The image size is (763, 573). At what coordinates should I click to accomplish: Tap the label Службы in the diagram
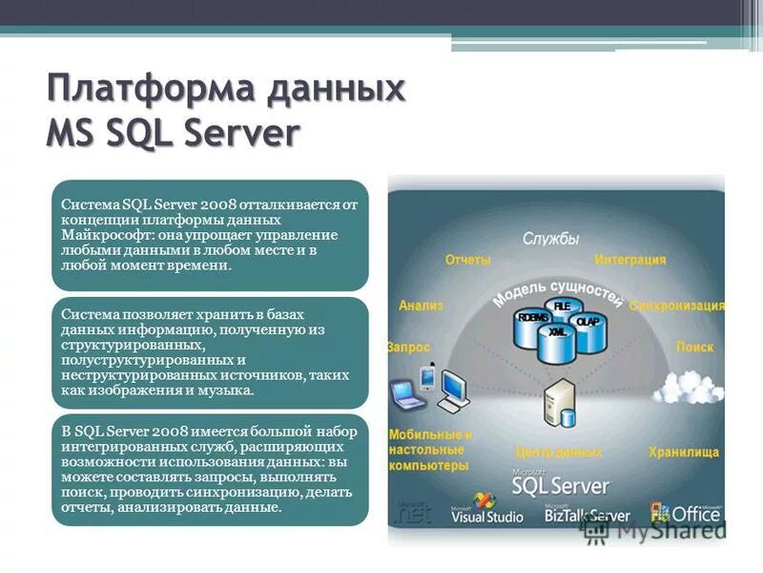tap(550, 240)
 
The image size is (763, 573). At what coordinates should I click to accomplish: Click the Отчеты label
tap(468, 260)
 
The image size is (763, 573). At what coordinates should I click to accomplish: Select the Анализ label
tap(421, 307)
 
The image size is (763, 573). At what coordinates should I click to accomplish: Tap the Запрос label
tap(409, 348)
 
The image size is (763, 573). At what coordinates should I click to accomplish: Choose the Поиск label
tap(694, 348)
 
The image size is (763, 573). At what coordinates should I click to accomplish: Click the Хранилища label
tap(684, 452)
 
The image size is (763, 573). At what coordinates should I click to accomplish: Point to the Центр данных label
tap(558, 452)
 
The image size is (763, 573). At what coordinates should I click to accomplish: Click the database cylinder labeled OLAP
tap(588, 327)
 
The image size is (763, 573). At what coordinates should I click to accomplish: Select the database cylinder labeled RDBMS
tap(531, 325)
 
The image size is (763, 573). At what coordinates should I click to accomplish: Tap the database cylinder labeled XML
tap(558, 340)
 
